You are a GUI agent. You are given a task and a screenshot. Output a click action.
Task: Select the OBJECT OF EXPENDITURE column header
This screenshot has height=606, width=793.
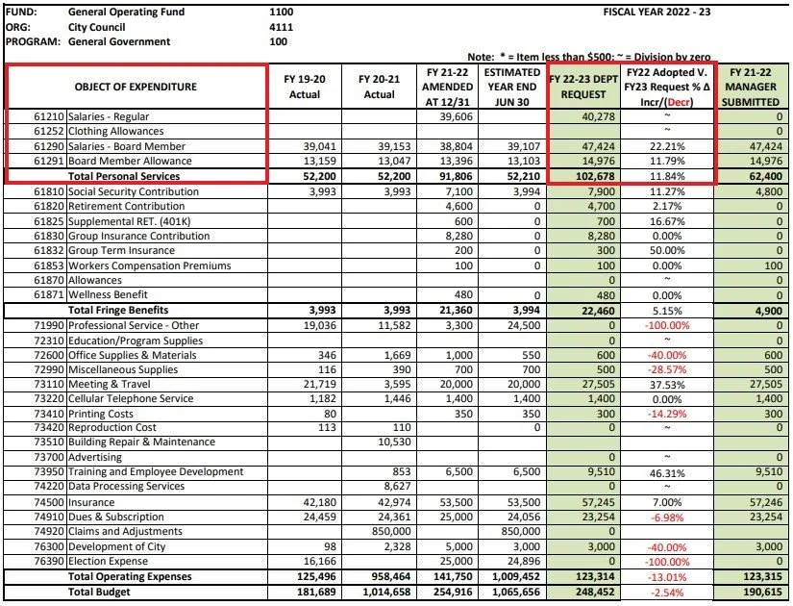tap(136, 87)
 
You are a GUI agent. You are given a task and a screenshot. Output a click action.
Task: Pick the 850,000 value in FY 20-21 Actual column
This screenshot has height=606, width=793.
tap(380, 530)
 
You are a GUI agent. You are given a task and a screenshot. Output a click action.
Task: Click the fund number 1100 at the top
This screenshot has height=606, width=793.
tap(283, 13)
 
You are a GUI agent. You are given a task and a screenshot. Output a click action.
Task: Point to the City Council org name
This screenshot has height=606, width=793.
tap(97, 27)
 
